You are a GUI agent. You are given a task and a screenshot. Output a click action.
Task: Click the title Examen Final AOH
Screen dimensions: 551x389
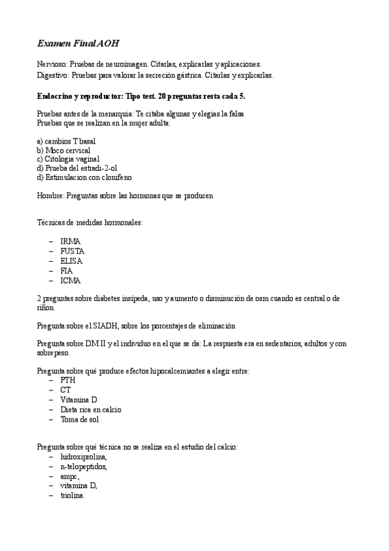pos(78,44)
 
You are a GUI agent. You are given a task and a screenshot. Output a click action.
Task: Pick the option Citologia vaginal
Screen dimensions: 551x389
pos(68,159)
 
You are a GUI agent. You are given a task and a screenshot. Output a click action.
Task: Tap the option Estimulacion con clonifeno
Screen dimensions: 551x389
pos(84,177)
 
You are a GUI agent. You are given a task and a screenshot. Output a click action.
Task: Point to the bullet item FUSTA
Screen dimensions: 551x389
pos(72,251)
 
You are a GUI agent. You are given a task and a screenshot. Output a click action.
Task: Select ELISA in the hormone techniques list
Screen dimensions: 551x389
pos(71,261)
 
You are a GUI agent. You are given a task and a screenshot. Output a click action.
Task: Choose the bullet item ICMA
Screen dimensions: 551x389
pos(71,281)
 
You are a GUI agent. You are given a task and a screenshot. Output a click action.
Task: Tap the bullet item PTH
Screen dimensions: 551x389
pos(68,380)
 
